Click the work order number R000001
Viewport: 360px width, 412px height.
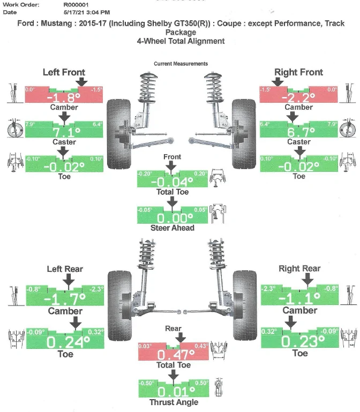pyautogui.click(x=76, y=5)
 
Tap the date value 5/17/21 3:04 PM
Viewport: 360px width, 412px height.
pyautogui.click(x=87, y=12)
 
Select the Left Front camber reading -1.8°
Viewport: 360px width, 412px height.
pyautogui.click(x=64, y=98)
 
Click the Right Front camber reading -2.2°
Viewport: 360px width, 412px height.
pyautogui.click(x=298, y=98)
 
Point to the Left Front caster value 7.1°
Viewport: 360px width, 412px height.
pyautogui.click(x=66, y=132)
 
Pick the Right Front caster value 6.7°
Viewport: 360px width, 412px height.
pyautogui.click(x=301, y=132)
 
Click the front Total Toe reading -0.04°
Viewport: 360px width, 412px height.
pyautogui.click(x=172, y=182)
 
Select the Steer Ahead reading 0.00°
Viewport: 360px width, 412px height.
pyautogui.click(x=175, y=218)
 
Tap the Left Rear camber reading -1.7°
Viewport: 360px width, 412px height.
pyautogui.click(x=65, y=299)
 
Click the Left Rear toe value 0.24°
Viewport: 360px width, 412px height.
pyautogui.click(x=69, y=342)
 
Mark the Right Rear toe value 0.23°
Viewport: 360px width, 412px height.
pyautogui.click(x=303, y=341)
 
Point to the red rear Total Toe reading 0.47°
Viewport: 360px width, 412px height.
pyautogui.click(x=176, y=355)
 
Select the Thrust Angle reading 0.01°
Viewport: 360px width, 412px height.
pyautogui.click(x=176, y=392)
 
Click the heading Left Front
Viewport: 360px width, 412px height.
pyautogui.click(x=64, y=72)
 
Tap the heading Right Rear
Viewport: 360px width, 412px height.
pyautogui.click(x=299, y=269)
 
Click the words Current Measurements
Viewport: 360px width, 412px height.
pyautogui.click(x=181, y=64)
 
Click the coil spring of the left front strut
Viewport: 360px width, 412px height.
pyautogui.click(x=148, y=88)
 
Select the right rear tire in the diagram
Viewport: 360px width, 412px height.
pyautogui.click(x=244, y=306)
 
